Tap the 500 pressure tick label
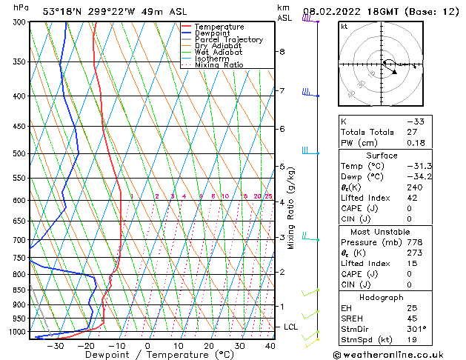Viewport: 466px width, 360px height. click(19, 154)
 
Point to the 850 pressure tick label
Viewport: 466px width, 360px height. click(19, 290)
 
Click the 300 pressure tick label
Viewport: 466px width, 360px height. click(19, 22)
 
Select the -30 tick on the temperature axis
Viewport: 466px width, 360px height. click(55, 346)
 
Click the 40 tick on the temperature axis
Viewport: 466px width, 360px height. click(270, 346)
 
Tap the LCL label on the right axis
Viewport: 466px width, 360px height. click(291, 327)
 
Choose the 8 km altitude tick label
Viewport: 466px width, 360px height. click(282, 52)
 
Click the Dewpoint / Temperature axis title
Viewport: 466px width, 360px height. click(149, 355)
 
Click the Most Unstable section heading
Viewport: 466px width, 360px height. click(382, 232)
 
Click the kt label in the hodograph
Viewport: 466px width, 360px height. click(344, 26)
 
